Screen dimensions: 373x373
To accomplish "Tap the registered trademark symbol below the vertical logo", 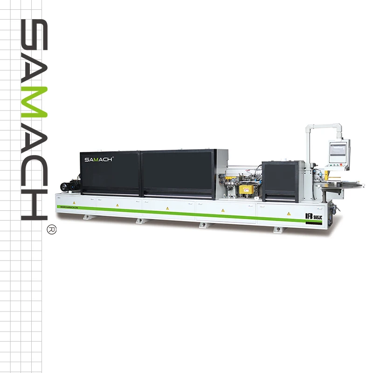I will click(x=52, y=229).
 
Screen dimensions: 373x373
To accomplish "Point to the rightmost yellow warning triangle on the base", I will click(x=289, y=213).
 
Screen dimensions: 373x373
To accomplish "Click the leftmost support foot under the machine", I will click(x=88, y=217).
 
